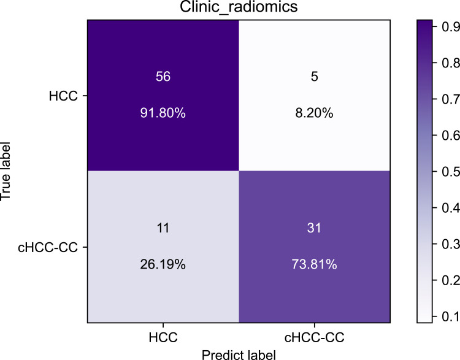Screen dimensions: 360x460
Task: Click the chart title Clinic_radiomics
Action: click(238, 9)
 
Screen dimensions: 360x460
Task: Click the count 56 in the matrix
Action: click(162, 71)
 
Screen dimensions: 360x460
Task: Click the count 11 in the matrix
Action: click(162, 224)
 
